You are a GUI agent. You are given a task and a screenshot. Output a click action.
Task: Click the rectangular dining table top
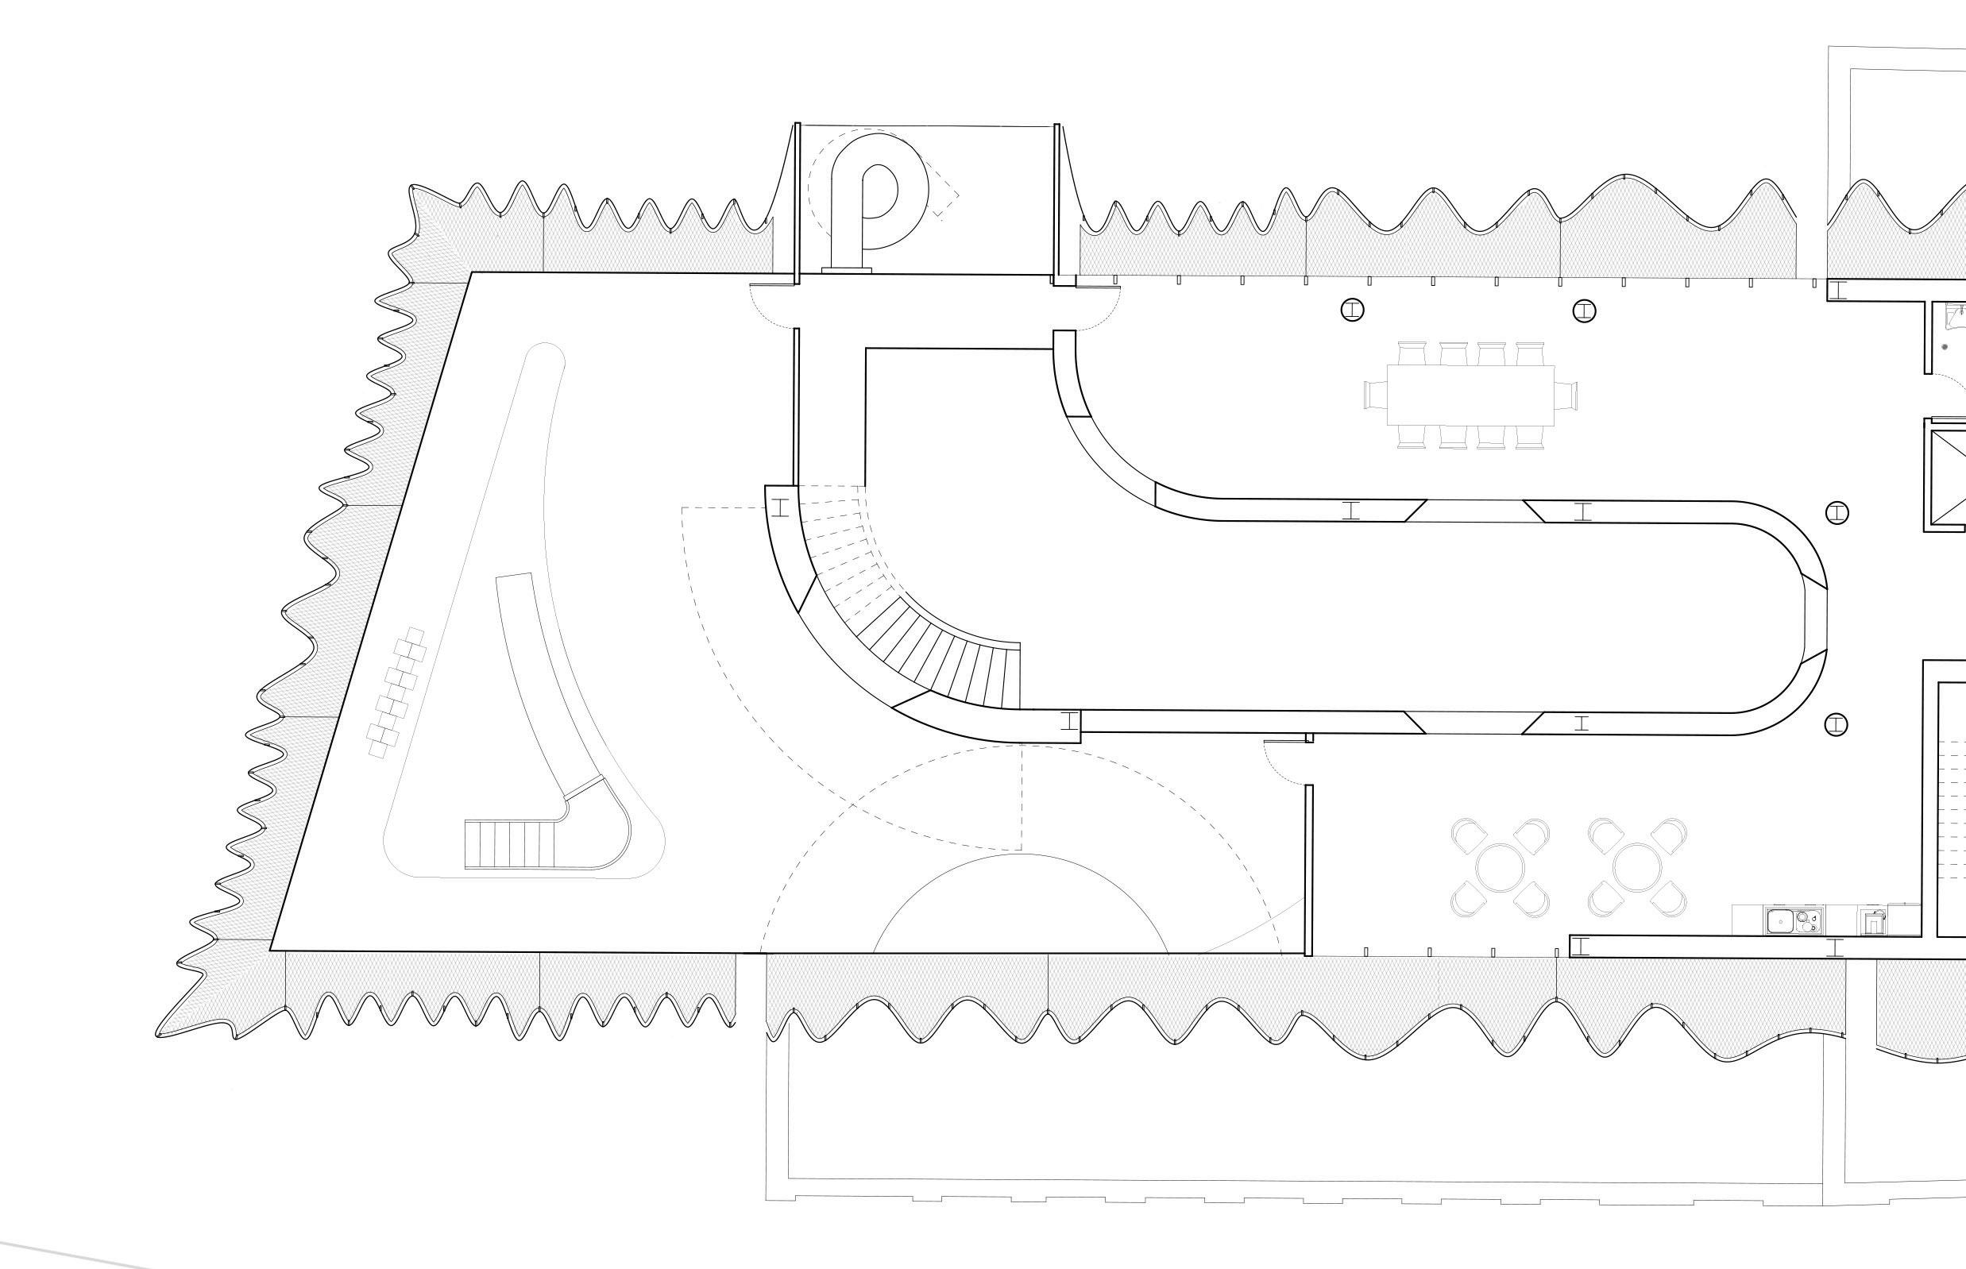(1470, 395)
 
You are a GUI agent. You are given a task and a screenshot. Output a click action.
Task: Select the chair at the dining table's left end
(1375, 395)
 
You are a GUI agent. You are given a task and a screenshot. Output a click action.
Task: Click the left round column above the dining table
(1353, 310)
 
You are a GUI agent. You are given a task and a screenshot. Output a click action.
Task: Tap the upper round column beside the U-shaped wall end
(1837, 513)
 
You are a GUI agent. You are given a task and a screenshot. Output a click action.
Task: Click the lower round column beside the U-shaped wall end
(1836, 725)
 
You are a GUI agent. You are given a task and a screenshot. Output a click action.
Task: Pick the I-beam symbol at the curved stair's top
(781, 507)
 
